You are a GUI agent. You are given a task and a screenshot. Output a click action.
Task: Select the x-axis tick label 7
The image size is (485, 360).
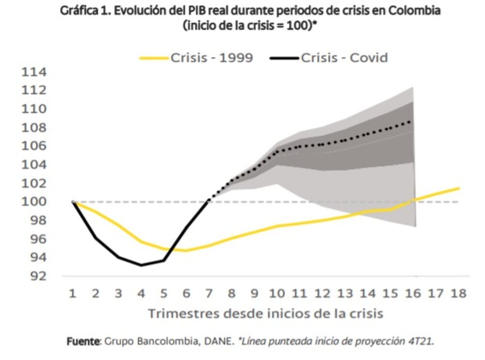click(209, 293)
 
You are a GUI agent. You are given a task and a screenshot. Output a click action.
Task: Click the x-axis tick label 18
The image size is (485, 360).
click(458, 293)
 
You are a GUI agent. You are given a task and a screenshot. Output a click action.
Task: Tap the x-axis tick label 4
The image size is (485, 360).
click(141, 293)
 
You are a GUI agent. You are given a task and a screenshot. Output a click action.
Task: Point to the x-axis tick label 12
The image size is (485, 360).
click(322, 293)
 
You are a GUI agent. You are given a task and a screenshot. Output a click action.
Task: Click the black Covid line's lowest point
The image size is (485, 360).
click(141, 265)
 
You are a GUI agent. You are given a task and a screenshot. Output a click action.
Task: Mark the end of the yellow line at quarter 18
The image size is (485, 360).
click(459, 188)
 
